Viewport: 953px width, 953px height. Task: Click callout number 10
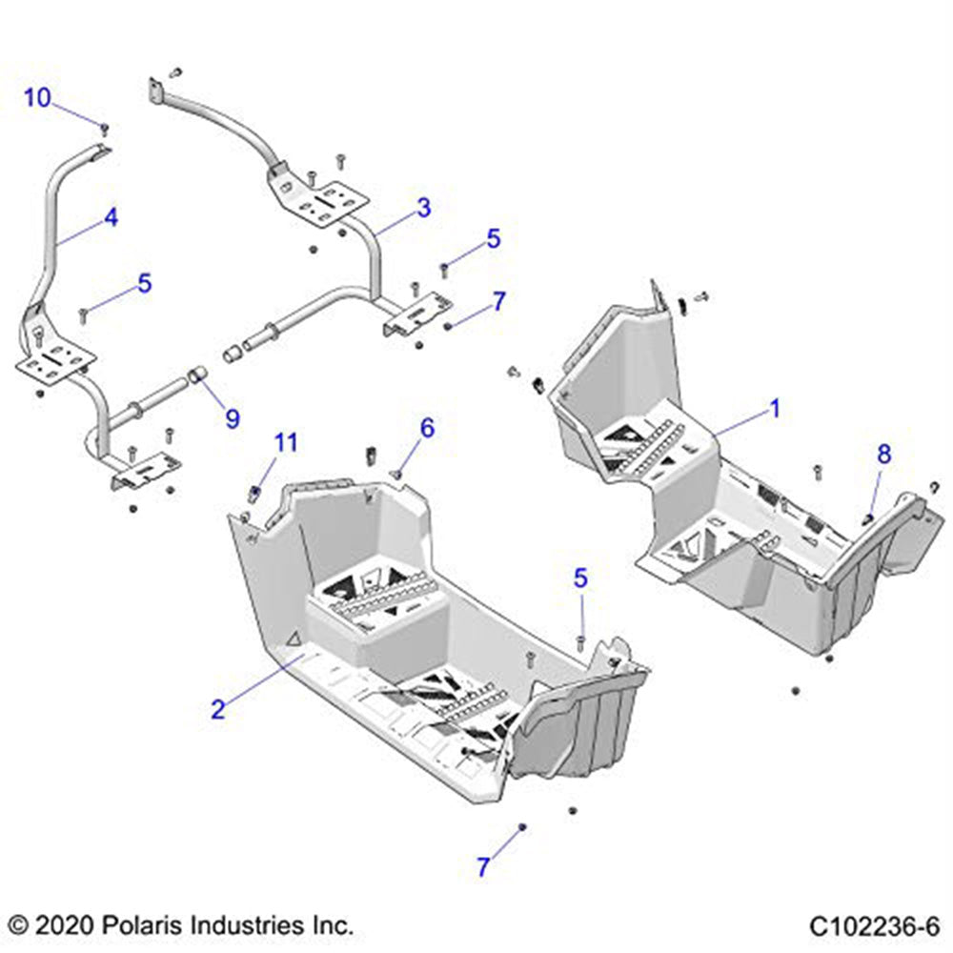pyautogui.click(x=37, y=97)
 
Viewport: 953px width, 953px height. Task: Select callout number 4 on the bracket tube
pyautogui.click(x=112, y=217)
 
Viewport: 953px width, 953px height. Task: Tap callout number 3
pyautogui.click(x=423, y=206)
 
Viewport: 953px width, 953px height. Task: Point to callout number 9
pyautogui.click(x=232, y=417)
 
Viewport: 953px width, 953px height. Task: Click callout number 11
pyautogui.click(x=286, y=442)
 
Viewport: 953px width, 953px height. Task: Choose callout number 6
pyautogui.click(x=426, y=428)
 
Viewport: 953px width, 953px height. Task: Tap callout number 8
pyautogui.click(x=884, y=455)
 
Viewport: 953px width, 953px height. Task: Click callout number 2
pyautogui.click(x=218, y=708)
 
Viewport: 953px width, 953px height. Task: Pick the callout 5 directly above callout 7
pyautogui.click(x=493, y=238)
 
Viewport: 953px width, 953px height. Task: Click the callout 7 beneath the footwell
pyautogui.click(x=483, y=867)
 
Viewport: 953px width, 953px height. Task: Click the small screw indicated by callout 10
pyautogui.click(x=105, y=127)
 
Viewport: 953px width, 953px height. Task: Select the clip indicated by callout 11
pyautogui.click(x=255, y=492)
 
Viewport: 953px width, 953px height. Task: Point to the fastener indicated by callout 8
pyautogui.click(x=869, y=517)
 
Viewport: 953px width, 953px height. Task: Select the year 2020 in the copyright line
pyautogui.click(x=58, y=924)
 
